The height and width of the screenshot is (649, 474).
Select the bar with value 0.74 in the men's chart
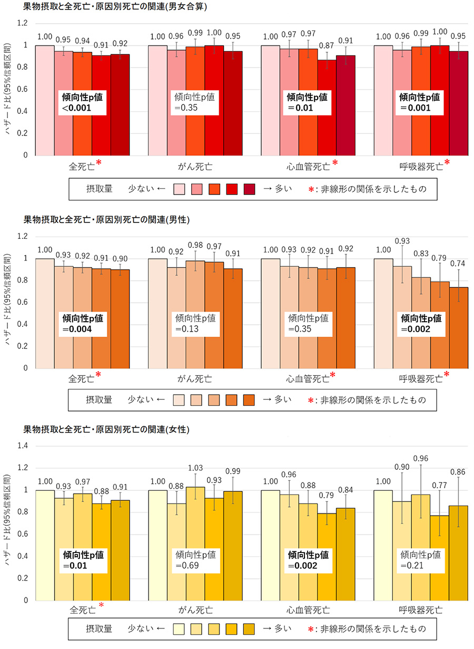pyautogui.click(x=458, y=327)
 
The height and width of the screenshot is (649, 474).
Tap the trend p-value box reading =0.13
pyautogui.click(x=195, y=324)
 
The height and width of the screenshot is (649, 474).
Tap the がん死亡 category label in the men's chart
pyautogui.click(x=195, y=378)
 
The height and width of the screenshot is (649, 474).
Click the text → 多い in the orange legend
pyautogui.click(x=277, y=400)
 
